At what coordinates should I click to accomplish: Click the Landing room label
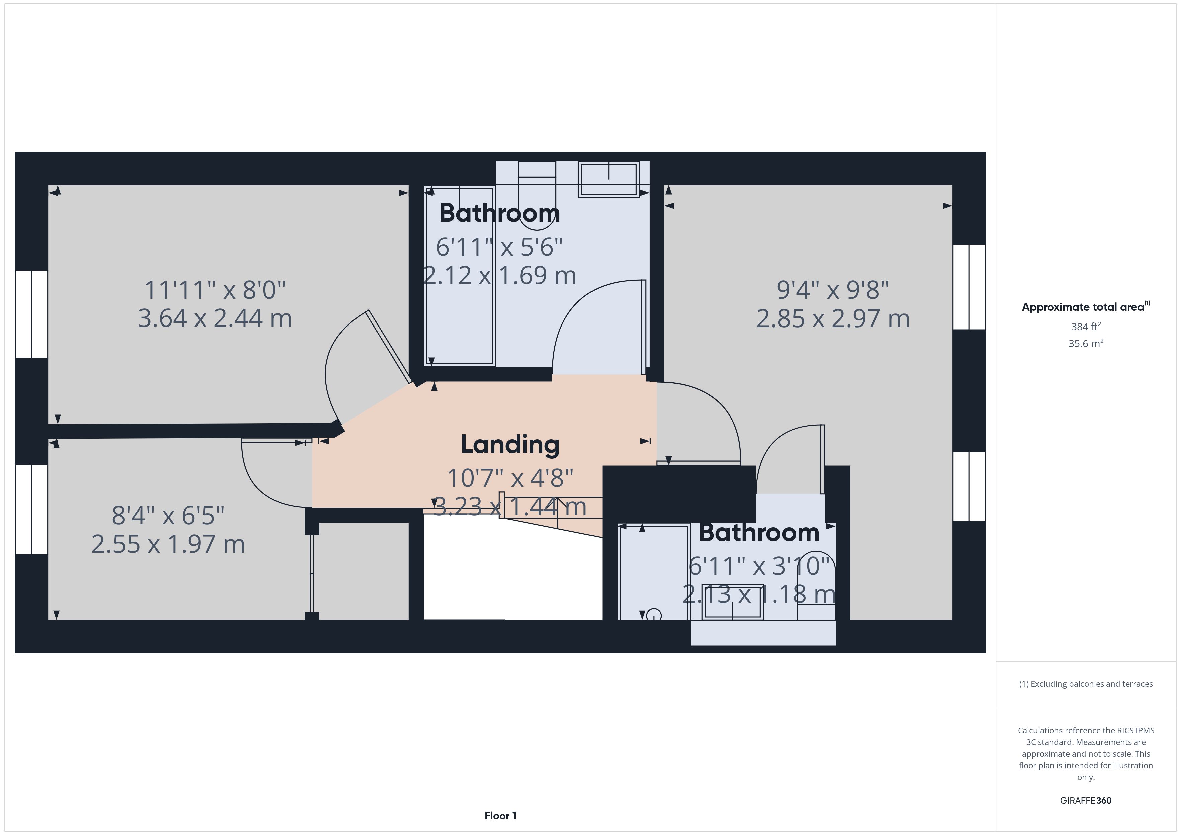(x=510, y=445)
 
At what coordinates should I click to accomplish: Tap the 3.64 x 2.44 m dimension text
(x=215, y=318)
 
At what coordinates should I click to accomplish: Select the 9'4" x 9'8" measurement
(x=833, y=290)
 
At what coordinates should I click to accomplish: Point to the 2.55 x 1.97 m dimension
(x=168, y=544)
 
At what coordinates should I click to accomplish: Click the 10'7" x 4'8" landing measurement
(x=510, y=478)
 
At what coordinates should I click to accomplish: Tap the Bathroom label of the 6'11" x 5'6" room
(x=499, y=213)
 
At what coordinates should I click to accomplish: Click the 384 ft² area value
(x=1086, y=327)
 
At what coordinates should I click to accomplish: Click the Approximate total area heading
(x=1086, y=307)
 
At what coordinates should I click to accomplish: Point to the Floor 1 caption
(x=500, y=816)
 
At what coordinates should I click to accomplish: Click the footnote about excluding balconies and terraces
(x=1086, y=684)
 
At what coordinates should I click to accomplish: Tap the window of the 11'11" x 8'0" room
(x=31, y=314)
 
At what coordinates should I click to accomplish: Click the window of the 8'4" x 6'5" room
(x=31, y=509)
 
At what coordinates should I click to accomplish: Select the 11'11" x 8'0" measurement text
(x=215, y=290)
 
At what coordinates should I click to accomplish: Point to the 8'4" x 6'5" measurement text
(x=168, y=516)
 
